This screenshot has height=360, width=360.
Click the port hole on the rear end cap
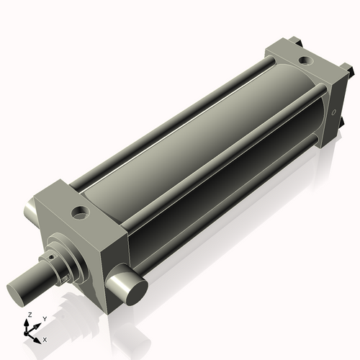coord(305,61)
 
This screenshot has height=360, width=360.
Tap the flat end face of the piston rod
coord(21,294)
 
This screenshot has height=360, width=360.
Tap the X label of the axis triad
coord(45,338)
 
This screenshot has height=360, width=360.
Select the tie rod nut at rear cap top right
coord(349,70)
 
